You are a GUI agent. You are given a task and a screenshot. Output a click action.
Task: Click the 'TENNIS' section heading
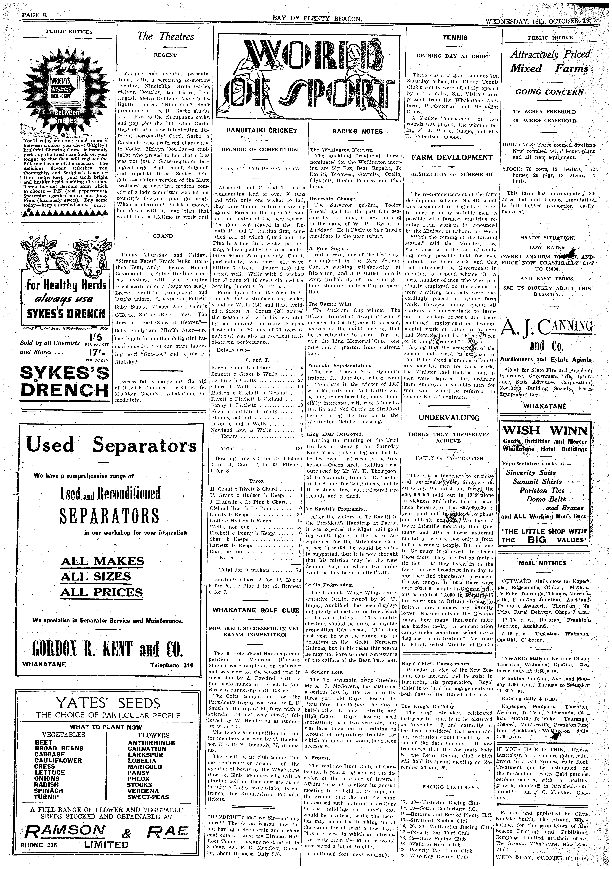(x=455, y=38)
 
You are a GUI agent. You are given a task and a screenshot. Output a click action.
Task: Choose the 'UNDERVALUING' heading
(x=449, y=418)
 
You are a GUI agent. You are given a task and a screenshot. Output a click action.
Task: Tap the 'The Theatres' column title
(x=166, y=37)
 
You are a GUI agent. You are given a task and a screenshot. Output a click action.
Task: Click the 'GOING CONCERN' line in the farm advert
(x=550, y=92)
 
